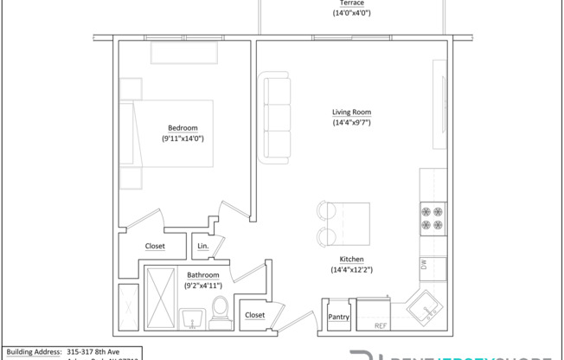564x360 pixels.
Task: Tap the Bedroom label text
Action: coord(183,127)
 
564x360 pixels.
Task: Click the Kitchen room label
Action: coord(351,260)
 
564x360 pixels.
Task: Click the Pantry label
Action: coord(339,318)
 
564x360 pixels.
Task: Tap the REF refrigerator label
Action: coord(380,326)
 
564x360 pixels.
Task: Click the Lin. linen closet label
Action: coord(202,247)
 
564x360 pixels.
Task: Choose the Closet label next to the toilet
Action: coord(254,316)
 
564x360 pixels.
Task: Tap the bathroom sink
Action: coord(190,319)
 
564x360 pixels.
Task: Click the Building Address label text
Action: coord(34,352)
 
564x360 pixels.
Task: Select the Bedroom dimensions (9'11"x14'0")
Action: coord(183,138)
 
